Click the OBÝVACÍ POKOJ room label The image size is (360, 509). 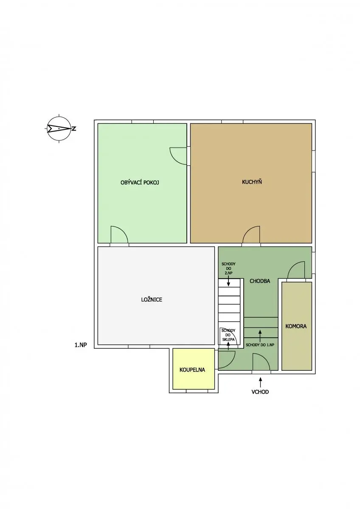click(139, 182)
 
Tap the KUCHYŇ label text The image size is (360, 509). click(252, 182)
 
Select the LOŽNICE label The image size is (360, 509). click(152, 300)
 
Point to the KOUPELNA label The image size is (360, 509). click(192, 370)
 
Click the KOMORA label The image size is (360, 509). click(296, 326)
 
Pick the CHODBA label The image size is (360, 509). click(260, 281)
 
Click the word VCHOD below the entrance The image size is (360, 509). click(260, 392)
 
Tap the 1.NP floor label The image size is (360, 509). click(81, 345)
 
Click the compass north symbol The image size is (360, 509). click(59, 129)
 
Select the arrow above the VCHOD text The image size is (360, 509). click(260, 382)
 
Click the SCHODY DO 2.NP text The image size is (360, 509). click(228, 268)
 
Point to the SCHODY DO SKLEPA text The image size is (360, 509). click(228, 335)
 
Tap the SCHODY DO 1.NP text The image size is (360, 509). click(260, 345)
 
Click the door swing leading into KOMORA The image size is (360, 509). click(296, 271)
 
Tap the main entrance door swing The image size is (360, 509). click(262, 363)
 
